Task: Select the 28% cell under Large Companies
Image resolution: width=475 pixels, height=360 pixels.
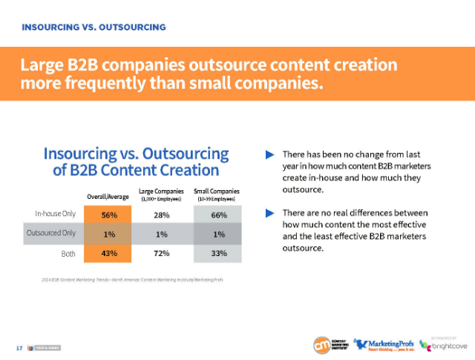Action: (162, 215)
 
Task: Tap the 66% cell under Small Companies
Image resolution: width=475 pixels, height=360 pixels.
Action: (217, 215)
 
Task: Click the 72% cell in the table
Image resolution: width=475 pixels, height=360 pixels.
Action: (162, 253)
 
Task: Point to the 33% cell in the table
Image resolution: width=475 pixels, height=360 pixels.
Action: (217, 253)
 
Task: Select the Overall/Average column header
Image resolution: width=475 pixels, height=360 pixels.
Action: (108, 196)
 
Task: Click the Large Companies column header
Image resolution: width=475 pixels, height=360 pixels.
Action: (162, 194)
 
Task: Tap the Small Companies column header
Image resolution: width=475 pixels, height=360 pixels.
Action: (217, 194)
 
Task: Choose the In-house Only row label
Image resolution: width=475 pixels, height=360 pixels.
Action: (56, 215)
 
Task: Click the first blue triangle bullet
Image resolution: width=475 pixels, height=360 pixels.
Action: (270, 155)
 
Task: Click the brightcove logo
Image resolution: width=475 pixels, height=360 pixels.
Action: (448, 346)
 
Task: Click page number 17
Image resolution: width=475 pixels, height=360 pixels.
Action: (19, 347)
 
